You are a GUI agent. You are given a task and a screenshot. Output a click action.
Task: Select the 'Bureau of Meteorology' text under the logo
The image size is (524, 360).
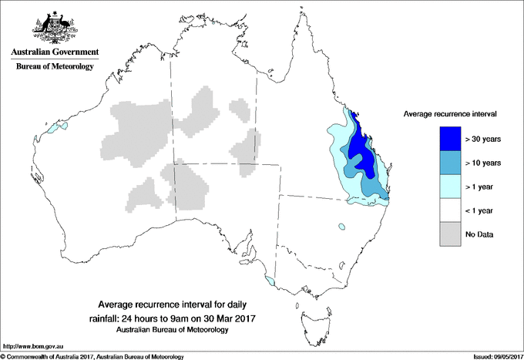pyautogui.click(x=54, y=67)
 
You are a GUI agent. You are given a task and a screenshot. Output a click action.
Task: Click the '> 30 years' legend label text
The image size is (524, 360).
pyautogui.click(x=483, y=140)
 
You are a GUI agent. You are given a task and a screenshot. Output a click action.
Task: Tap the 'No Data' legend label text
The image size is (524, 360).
pyautogui.click(x=479, y=234)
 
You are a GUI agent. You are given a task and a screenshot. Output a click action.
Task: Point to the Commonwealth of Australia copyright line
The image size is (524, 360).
pyautogui.click(x=92, y=356)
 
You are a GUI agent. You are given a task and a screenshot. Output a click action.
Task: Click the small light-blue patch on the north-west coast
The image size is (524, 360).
pyautogui.click(x=52, y=129)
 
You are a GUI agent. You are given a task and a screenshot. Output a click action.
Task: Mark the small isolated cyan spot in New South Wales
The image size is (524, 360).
pyautogui.click(x=339, y=227)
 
